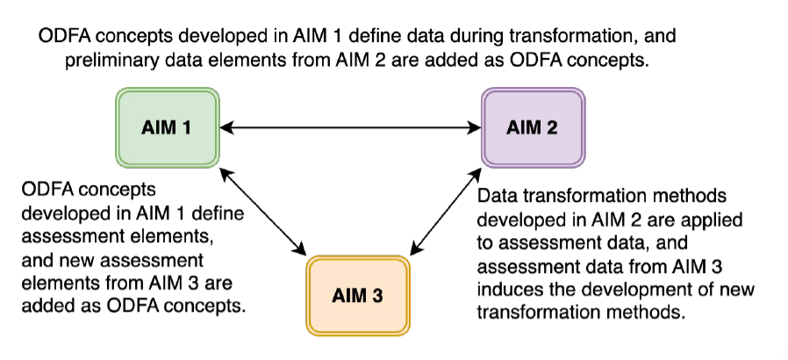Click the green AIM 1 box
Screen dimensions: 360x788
pyautogui.click(x=167, y=127)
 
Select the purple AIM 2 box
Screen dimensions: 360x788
pyautogui.click(x=532, y=127)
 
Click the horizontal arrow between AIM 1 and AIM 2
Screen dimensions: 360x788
pyautogui.click(x=349, y=128)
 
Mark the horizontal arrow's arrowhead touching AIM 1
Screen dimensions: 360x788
pyautogui.click(x=226, y=128)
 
